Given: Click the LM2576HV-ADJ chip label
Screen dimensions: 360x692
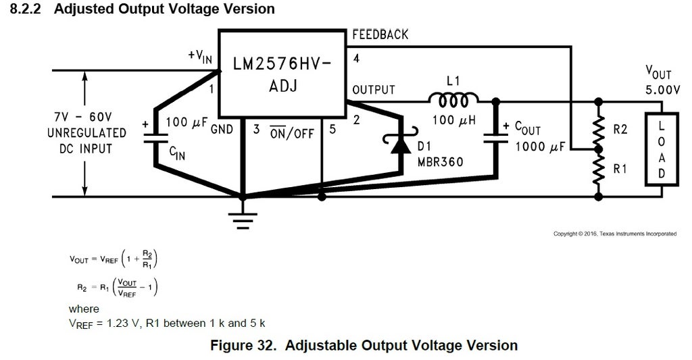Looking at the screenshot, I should (x=282, y=76).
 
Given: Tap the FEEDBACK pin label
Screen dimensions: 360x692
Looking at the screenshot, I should (x=380, y=34).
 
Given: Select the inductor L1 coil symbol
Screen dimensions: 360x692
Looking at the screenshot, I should (x=453, y=101).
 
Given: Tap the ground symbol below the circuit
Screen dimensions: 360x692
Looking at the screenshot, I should (x=243, y=219).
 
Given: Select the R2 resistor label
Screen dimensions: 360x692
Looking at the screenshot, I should (x=620, y=128).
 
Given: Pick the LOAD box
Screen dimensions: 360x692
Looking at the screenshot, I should (x=662, y=149).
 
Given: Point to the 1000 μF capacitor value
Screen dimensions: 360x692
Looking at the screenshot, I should (x=540, y=146).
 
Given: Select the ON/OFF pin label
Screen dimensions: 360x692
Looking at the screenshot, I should (x=292, y=133).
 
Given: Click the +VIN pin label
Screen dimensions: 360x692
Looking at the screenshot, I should (x=201, y=57).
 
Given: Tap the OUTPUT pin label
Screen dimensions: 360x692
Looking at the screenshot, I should (x=374, y=90).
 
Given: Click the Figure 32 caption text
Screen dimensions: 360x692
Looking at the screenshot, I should (x=364, y=345).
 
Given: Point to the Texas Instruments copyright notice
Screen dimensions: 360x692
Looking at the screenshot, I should (x=614, y=234).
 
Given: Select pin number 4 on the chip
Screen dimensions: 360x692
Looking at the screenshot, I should (x=356, y=58).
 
